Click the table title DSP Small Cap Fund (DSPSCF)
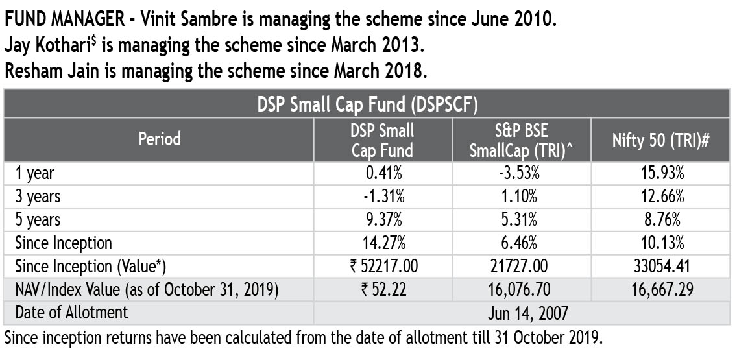tap(368, 104)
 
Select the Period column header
tap(159, 139)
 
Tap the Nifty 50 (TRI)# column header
tap(661, 139)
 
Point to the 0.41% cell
tap(382, 173)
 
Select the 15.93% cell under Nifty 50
tap(661, 173)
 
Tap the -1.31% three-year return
tap(382, 197)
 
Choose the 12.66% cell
tap(661, 197)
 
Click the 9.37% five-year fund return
tap(382, 220)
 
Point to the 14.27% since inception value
tap(382, 243)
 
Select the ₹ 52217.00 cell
tap(382, 267)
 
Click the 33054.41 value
tap(661, 267)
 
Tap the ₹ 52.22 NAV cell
tap(382, 290)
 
